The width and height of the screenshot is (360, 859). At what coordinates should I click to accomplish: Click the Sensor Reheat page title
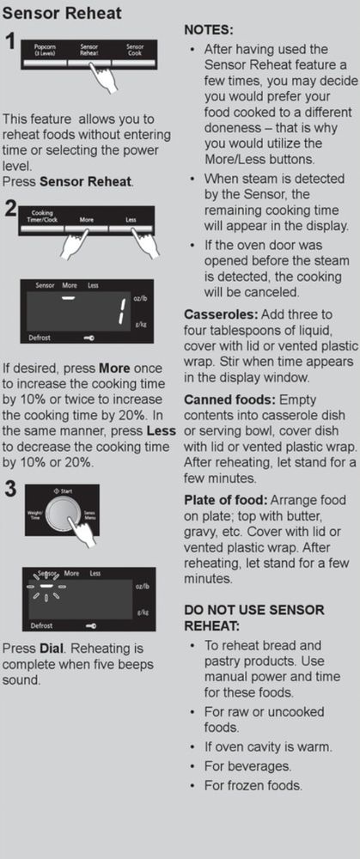62,12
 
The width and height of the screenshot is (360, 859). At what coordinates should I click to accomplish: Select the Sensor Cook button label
134,49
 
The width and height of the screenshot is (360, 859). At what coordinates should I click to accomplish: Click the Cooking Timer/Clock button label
41,216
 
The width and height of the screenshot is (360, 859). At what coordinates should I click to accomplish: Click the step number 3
9,489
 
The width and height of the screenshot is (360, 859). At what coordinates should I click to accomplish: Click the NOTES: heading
209,29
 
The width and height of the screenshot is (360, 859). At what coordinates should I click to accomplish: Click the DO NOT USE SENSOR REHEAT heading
254,618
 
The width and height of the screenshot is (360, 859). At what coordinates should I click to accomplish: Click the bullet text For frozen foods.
253,786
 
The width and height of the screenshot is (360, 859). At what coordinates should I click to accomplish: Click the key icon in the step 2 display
88,338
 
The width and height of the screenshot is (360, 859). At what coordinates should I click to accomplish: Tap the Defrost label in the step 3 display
40,624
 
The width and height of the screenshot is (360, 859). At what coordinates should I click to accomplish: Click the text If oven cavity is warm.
268,746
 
